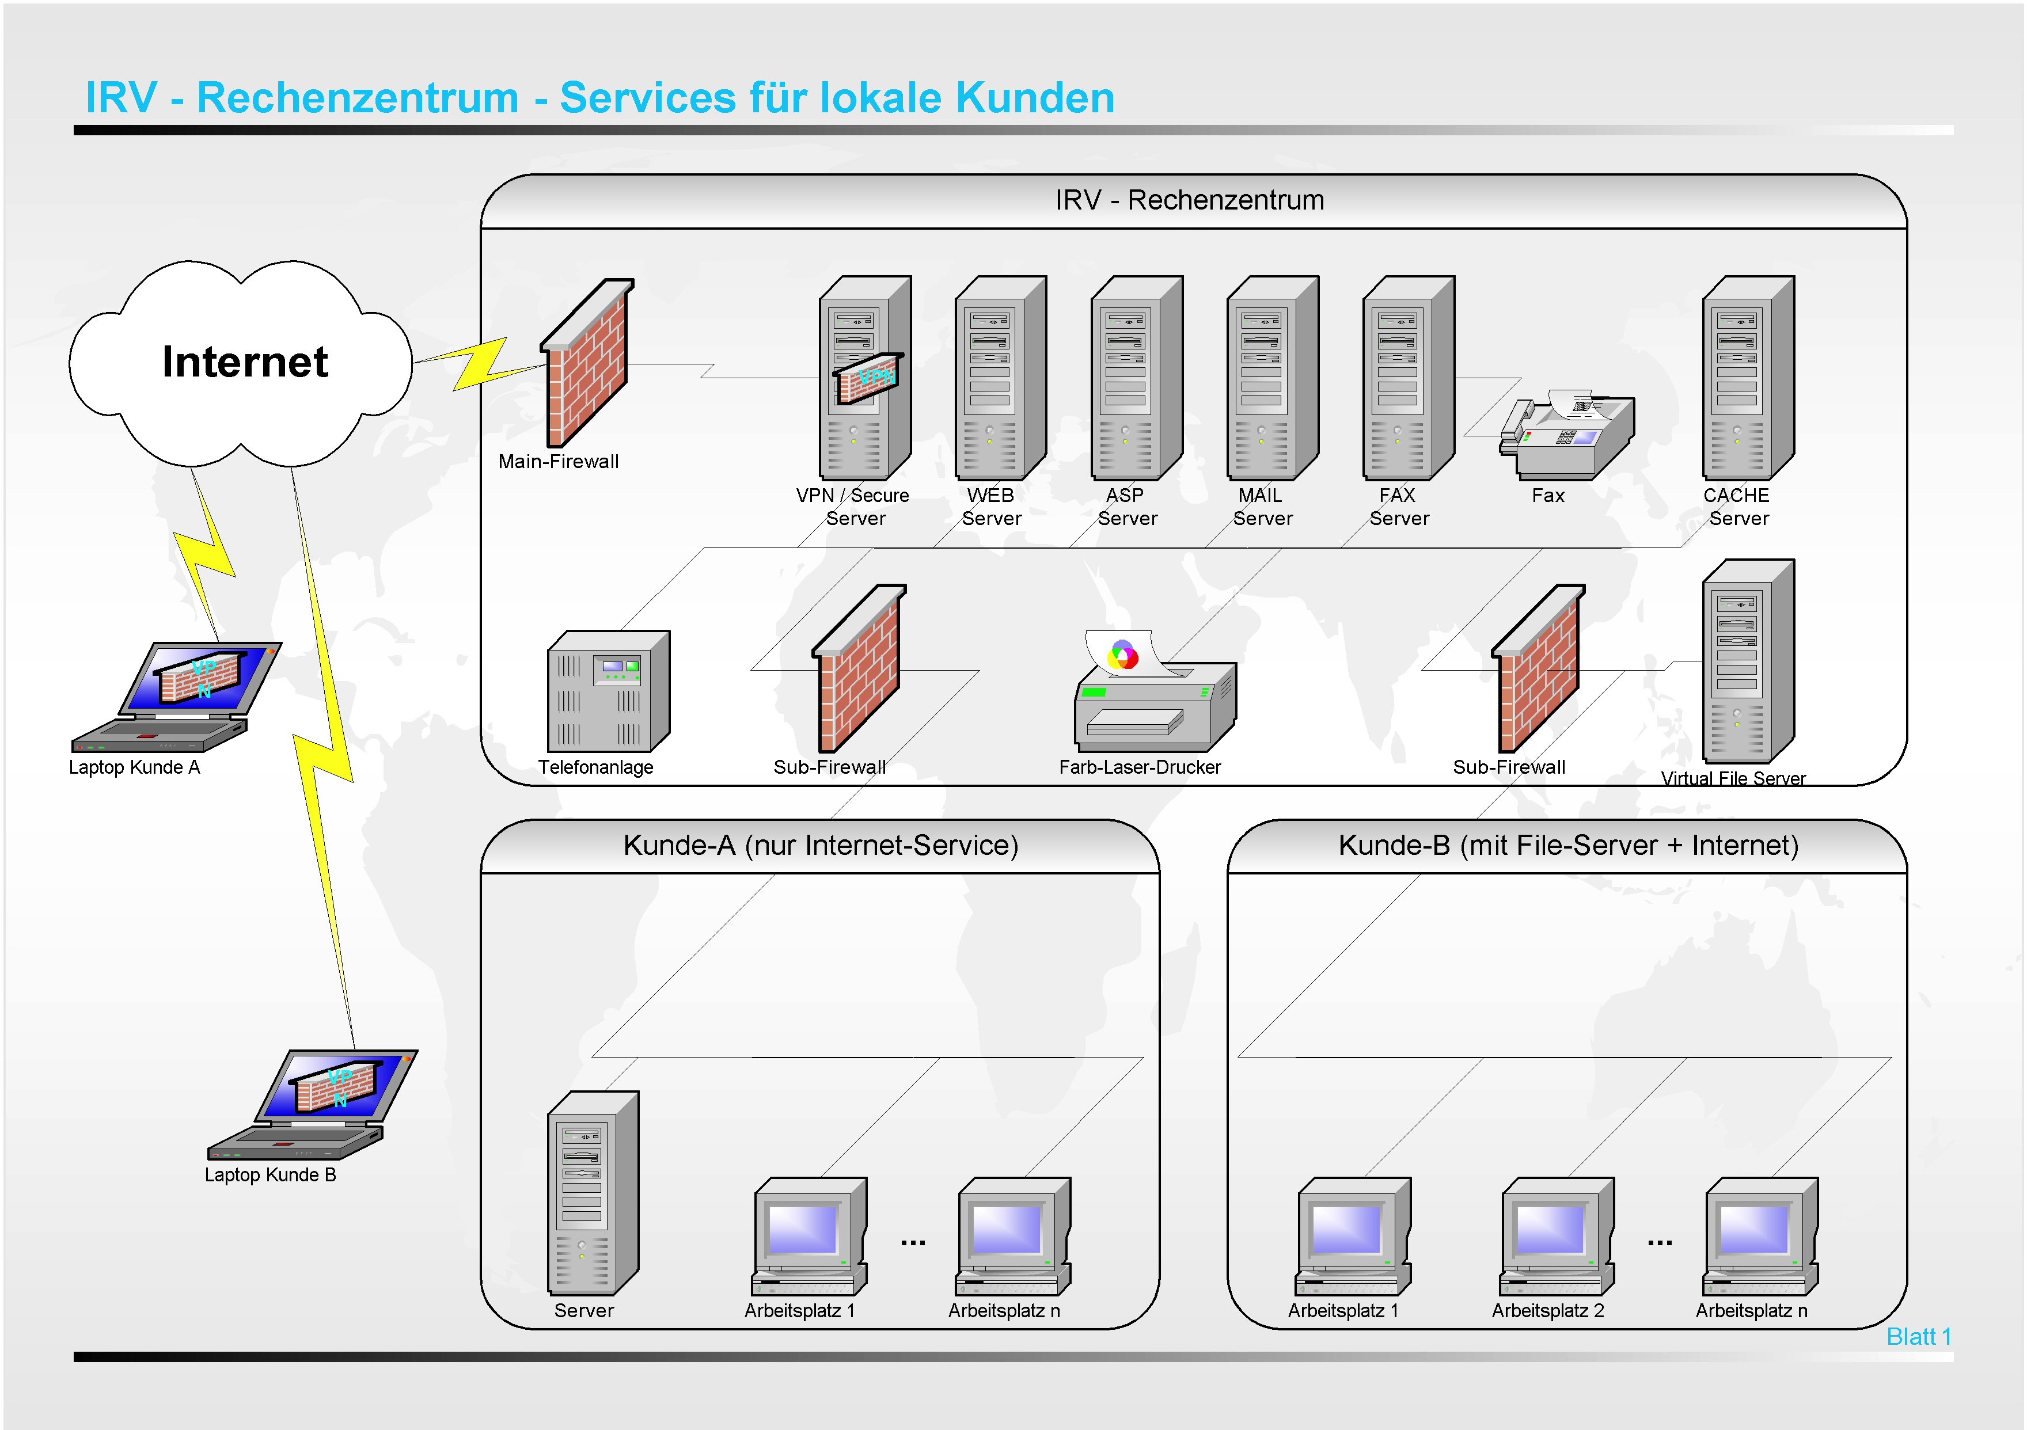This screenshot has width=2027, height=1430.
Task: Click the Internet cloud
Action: (240, 362)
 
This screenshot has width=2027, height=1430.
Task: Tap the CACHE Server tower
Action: (1747, 378)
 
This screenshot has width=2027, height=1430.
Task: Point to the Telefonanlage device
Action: (608, 691)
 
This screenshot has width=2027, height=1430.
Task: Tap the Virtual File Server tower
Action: (1747, 660)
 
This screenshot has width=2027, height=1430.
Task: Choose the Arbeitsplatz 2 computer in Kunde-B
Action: (1557, 1236)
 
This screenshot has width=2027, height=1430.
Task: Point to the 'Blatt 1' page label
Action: (1918, 1336)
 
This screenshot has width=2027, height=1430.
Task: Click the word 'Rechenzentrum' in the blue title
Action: (358, 97)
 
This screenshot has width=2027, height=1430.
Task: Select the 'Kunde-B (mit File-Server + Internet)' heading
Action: (1568, 846)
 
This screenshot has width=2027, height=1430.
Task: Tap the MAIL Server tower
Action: (1271, 378)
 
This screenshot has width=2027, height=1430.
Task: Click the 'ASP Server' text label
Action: (1126, 507)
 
